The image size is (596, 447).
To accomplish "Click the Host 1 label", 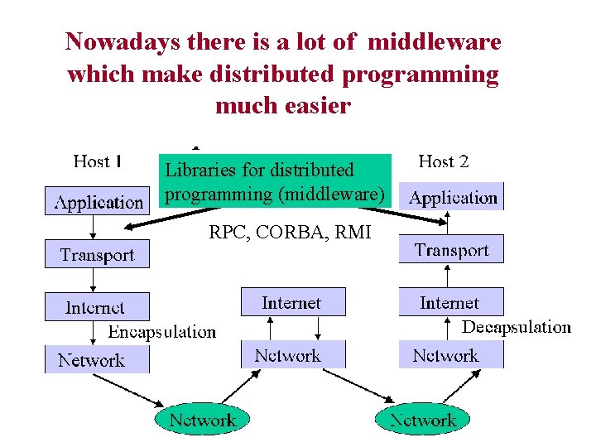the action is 98,161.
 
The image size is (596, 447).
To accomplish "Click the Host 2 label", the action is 444,161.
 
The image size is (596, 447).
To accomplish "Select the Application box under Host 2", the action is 453,198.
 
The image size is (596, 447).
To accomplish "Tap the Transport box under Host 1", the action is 97,255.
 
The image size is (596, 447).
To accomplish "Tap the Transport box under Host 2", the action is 451,250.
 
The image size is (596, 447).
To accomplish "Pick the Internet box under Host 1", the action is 97,307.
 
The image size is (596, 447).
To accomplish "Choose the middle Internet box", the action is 292,302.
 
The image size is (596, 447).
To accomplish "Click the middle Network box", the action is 292,355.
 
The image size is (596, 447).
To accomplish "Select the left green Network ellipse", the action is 202,420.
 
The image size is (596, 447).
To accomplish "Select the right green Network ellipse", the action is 422,420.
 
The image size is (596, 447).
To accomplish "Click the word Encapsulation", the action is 162,332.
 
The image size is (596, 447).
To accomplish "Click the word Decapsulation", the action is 517,327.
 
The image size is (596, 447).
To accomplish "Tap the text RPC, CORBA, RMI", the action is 290,233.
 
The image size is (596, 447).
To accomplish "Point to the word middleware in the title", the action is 434,41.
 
